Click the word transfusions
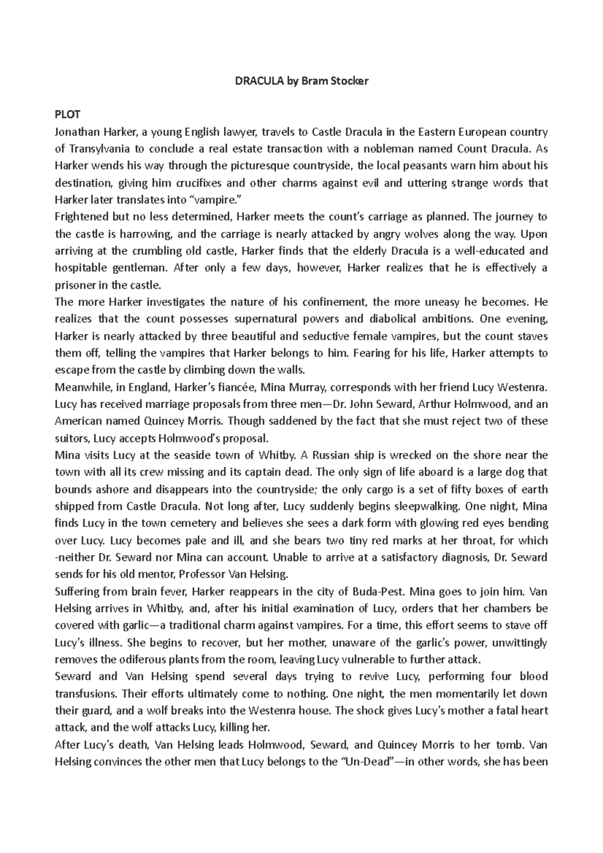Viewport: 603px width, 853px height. pos(85,694)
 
